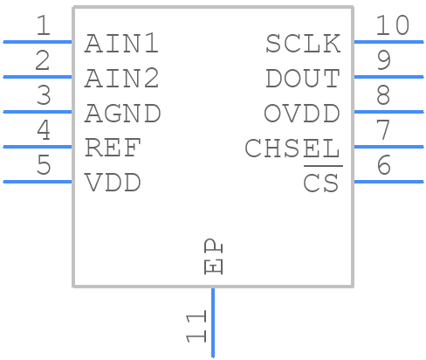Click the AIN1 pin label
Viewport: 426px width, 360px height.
tap(121, 44)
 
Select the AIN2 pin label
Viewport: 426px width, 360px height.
tap(121, 79)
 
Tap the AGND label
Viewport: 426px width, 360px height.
tap(122, 114)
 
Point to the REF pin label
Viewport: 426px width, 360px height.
tap(113, 149)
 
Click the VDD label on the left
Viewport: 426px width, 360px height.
tap(113, 183)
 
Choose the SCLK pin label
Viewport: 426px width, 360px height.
tap(302, 44)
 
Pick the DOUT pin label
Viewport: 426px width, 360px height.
tap(302, 79)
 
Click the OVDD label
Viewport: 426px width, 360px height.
tap(302, 114)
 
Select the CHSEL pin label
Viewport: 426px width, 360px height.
tap(292, 149)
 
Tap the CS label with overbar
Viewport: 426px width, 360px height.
tap(321, 183)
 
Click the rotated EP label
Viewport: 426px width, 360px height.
tap(213, 257)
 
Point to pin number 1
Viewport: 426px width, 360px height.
tap(43, 26)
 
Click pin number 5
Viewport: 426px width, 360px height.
tap(43, 166)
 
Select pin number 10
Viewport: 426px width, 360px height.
tap(392, 26)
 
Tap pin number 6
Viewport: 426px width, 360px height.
tap(382, 166)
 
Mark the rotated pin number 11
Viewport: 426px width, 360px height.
tap(196, 325)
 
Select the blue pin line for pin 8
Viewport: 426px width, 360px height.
tap(388, 112)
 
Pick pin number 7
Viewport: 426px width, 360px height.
tap(382, 131)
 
